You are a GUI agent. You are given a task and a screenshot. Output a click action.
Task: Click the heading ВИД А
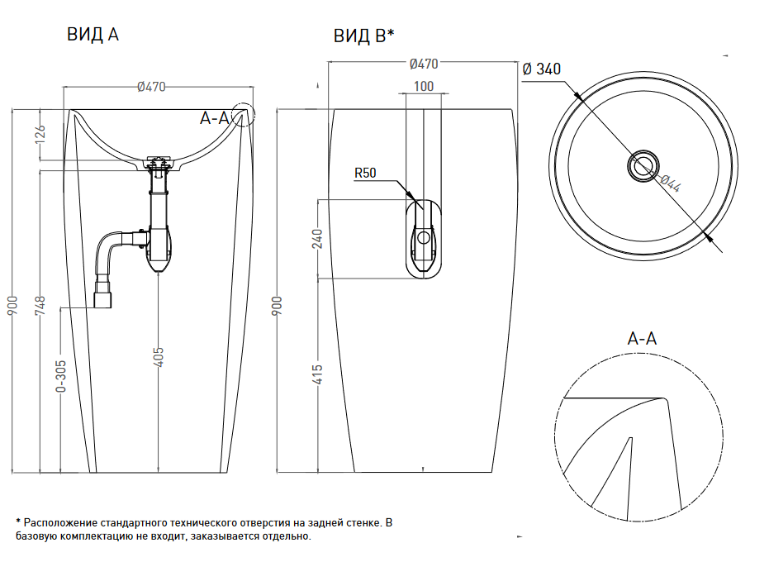pos(93,35)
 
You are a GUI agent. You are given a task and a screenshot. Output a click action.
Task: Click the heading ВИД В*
pos(363,36)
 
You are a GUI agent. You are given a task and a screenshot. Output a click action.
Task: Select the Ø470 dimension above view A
pos(152,86)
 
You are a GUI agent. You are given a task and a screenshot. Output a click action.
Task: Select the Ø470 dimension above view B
pos(424,64)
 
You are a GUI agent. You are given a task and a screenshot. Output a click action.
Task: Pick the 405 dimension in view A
pos(159,356)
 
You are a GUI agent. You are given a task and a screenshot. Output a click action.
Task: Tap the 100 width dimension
pos(423,86)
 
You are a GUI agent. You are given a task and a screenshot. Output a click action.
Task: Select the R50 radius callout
pos(364,173)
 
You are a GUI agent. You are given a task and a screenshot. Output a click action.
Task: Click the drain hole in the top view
pos(641,165)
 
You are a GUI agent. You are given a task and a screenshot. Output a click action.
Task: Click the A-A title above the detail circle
pos(642,338)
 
